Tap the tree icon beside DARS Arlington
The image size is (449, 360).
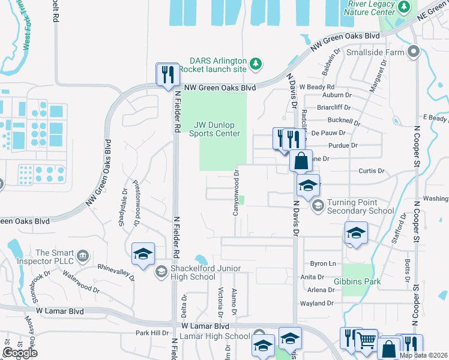(256, 63)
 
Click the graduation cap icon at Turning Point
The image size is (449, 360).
(318, 206)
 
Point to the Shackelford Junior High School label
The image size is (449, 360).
(197, 272)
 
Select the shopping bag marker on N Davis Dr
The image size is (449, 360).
(301, 161)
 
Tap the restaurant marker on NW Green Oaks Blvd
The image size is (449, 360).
(167, 75)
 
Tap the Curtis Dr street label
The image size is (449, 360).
(371, 171)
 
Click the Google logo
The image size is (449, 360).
(20, 353)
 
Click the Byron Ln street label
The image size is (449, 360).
(322, 264)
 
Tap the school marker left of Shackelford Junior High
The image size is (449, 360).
(143, 254)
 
